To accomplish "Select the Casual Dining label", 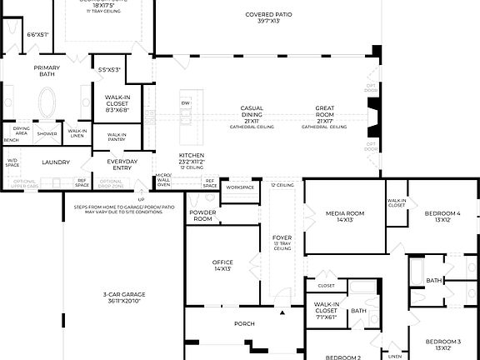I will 252,108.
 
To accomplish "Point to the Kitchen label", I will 191,156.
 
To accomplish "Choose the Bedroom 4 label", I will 441,214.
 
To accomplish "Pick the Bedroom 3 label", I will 443,342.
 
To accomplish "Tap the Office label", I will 222,263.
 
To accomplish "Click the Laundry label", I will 56,162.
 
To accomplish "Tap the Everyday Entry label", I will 122,163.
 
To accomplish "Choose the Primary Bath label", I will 47,72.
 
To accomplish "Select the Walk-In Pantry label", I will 117,136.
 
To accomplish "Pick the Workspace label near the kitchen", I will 239,187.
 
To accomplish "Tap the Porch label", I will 244,324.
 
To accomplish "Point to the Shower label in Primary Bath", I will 47,133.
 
